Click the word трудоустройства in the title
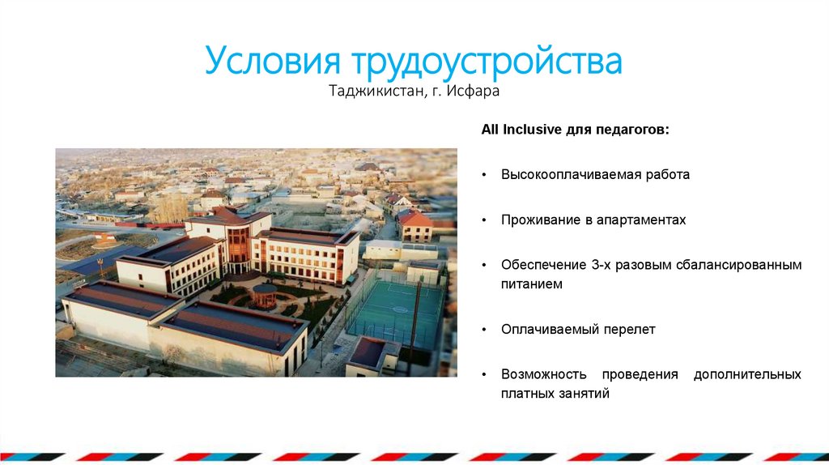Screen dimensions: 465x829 pos(486,62)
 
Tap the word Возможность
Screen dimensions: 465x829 pos(545,374)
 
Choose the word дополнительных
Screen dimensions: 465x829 pos(747,374)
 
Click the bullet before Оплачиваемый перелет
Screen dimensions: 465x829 pos(483,331)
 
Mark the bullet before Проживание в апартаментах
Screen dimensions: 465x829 pos(483,220)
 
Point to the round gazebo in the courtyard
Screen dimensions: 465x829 pos(264,295)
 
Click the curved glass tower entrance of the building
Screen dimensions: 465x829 pos(238,247)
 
